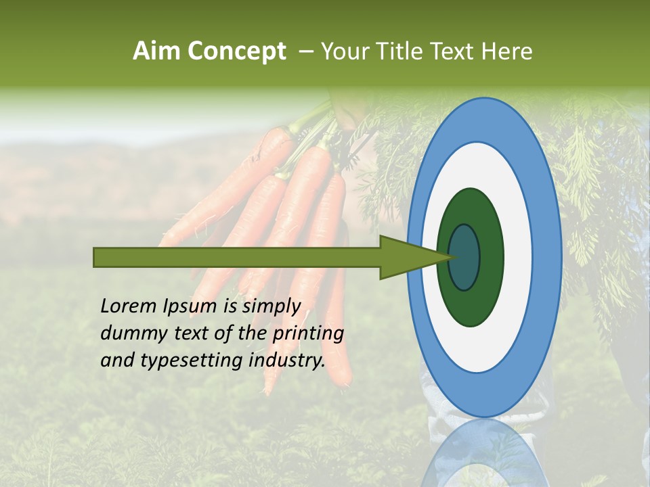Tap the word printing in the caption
[308, 333]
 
